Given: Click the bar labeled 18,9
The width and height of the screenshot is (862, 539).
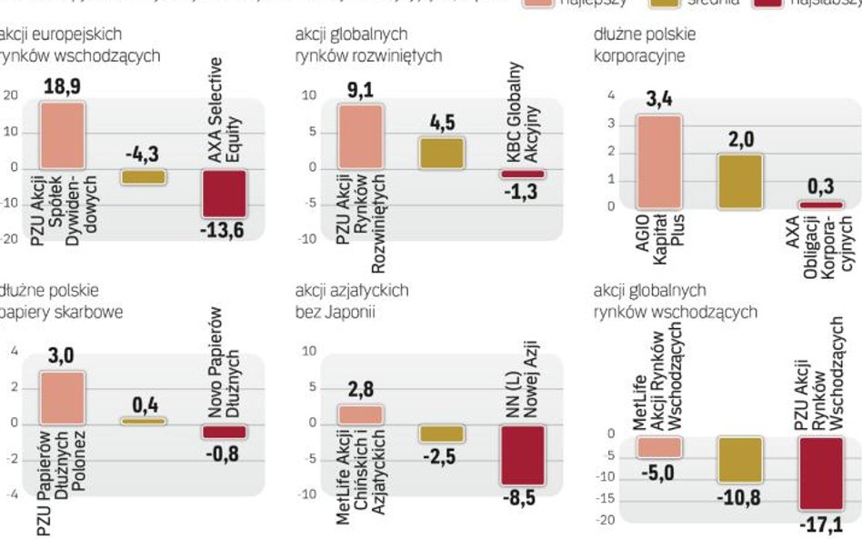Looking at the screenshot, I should pyautogui.click(x=62, y=135).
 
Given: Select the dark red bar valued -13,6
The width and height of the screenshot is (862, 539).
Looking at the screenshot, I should pyautogui.click(x=223, y=194).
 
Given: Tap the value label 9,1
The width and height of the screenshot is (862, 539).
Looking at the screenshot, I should pyautogui.click(x=361, y=90).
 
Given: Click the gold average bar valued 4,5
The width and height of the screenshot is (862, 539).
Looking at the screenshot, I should pyautogui.click(x=441, y=153).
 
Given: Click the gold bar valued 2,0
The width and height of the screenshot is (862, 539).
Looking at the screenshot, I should pyautogui.click(x=740, y=181).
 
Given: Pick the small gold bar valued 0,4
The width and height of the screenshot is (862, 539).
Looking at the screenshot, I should pyautogui.click(x=144, y=421).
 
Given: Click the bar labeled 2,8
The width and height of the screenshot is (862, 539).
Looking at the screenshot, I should pyautogui.click(x=360, y=414).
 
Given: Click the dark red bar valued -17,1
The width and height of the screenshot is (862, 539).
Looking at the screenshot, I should pyautogui.click(x=821, y=474).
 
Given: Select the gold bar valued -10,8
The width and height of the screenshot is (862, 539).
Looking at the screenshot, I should pyautogui.click(x=740, y=459).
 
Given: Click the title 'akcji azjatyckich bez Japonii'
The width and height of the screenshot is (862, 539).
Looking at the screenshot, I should pyautogui.click(x=353, y=302).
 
